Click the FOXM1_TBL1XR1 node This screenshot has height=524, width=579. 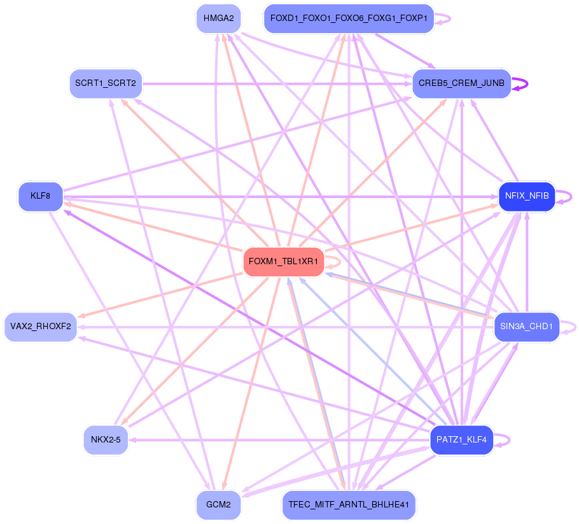pos(284,262)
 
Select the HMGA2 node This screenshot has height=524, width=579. pos(218,18)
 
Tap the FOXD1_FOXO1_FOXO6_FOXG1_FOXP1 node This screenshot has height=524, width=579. pos(348,18)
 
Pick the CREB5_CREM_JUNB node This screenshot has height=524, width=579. pos(461,83)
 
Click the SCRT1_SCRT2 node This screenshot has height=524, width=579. pos(106,83)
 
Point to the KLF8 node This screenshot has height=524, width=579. pos(40,195)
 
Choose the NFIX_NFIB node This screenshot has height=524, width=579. pos(527,195)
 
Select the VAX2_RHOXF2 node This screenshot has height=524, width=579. pos(40,327)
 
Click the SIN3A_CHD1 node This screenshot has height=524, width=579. pos(527,327)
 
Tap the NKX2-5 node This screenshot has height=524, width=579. pos(106,439)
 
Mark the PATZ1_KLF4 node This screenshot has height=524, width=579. pos(461,439)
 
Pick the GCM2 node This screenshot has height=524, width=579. pos(218,504)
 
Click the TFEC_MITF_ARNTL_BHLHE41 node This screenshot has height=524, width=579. pos(348,504)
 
